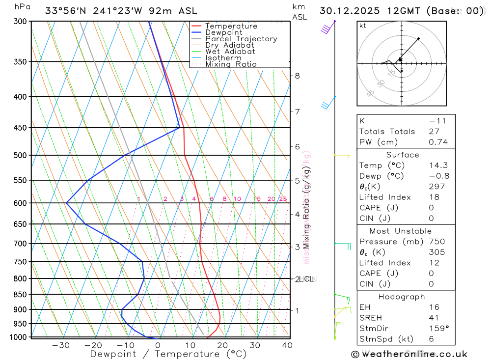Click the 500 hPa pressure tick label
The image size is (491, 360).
(20, 155)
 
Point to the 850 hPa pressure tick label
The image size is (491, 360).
(20, 295)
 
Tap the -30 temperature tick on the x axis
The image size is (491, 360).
(61, 345)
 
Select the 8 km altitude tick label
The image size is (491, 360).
(297, 76)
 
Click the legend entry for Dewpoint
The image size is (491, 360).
(223, 32)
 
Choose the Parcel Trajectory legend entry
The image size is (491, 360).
(241, 39)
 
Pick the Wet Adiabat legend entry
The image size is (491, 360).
(230, 52)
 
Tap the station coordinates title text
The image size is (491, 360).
(121, 10)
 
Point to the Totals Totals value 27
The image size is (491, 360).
(435, 131)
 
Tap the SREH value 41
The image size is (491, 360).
(434, 318)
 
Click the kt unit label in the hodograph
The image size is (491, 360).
(363, 26)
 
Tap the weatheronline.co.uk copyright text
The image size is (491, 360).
(409, 354)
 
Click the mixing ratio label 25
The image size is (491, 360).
(283, 199)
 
